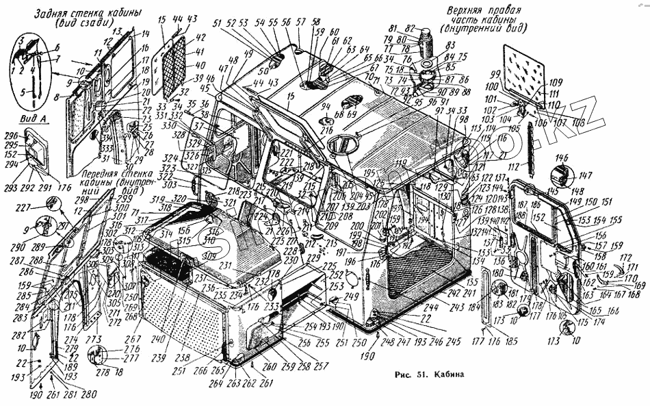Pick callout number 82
tap(411, 27)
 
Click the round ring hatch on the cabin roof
tap(342, 144)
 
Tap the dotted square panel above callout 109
tap(524, 66)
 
